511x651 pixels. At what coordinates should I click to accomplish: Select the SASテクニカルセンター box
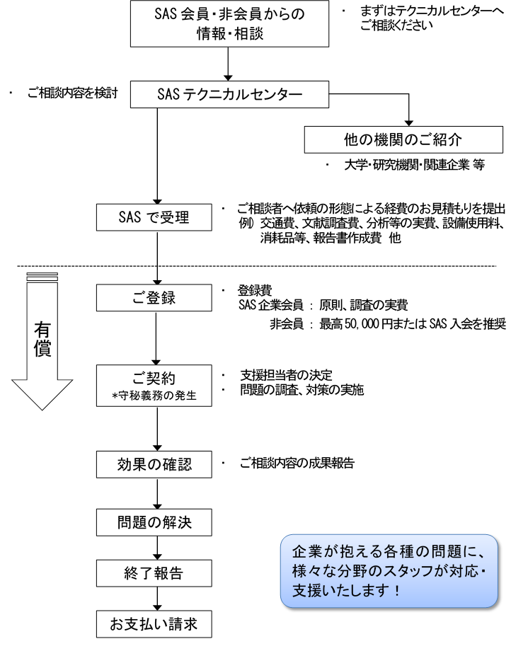(231, 94)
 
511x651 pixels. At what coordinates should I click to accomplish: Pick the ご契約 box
(154, 385)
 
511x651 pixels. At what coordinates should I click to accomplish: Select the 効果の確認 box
(154, 466)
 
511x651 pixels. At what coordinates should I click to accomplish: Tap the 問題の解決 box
(154, 524)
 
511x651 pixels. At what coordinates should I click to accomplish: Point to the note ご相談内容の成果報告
(297, 465)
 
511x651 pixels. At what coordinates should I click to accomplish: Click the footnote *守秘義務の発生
(154, 395)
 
